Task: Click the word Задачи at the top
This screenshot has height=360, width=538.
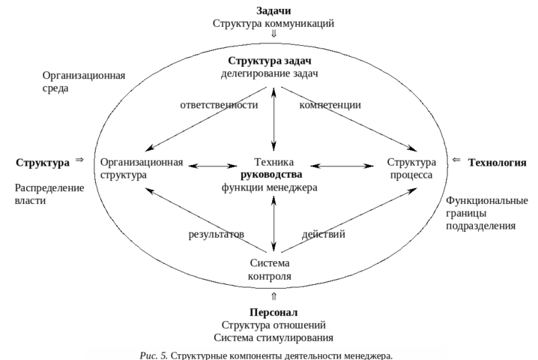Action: (x=273, y=11)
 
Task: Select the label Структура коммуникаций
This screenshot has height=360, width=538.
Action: (x=273, y=23)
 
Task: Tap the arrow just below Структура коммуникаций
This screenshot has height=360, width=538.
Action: (x=273, y=34)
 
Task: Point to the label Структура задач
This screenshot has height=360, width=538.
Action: (x=270, y=61)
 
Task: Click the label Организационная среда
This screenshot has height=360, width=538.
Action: (x=83, y=82)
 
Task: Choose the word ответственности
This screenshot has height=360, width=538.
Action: (x=219, y=106)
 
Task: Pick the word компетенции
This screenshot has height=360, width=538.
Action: (x=330, y=106)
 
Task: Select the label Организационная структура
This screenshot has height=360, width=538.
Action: (x=141, y=169)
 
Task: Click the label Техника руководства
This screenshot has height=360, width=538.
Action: (x=270, y=169)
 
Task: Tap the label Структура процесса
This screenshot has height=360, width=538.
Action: (x=411, y=169)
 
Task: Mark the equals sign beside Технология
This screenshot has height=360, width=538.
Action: (x=456, y=160)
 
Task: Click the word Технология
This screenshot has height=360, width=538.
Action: (x=497, y=163)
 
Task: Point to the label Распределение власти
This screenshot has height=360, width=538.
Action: (x=49, y=194)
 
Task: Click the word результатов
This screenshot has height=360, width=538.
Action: (x=217, y=235)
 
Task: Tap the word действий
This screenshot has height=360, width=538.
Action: (x=323, y=235)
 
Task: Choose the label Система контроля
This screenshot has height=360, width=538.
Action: (x=270, y=270)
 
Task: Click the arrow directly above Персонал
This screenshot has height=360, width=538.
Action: (x=273, y=295)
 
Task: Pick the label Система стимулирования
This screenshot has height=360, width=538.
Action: (x=273, y=337)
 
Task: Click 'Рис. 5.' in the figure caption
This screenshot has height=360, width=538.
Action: (x=154, y=354)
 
